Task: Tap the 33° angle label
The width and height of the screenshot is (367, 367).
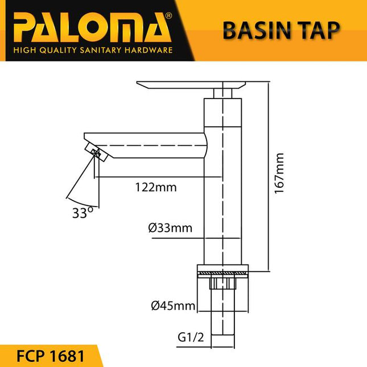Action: (x=82, y=213)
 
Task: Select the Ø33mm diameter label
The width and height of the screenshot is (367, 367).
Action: (x=170, y=229)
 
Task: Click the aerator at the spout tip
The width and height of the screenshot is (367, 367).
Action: (x=96, y=152)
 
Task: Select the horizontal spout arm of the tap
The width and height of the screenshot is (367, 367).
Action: (x=148, y=145)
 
